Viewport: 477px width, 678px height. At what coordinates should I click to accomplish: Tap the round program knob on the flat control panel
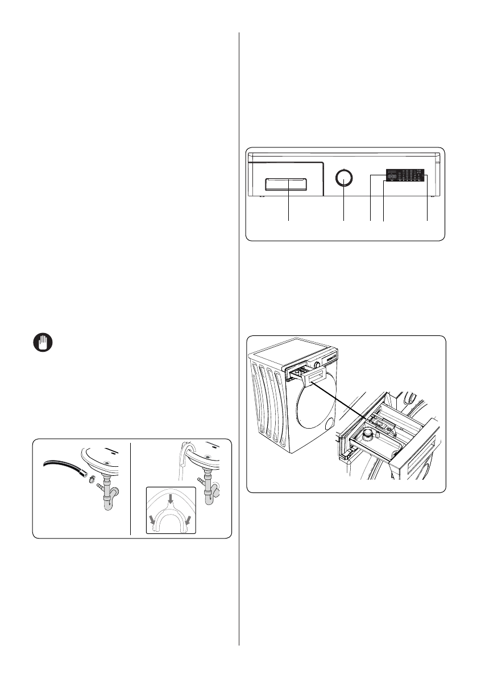point(344,178)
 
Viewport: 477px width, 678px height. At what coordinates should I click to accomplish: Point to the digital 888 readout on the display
point(392,176)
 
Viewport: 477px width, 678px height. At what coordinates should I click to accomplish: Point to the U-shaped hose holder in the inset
point(170,515)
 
